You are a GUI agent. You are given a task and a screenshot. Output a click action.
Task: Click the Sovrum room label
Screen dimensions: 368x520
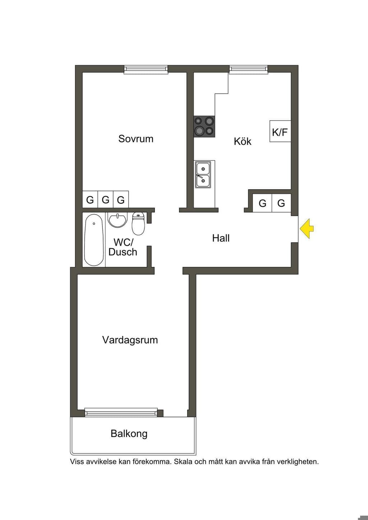tap(136, 139)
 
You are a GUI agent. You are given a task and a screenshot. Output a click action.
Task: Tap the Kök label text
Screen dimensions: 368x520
tap(243, 141)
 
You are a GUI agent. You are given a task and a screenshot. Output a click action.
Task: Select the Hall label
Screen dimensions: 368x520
tap(221, 238)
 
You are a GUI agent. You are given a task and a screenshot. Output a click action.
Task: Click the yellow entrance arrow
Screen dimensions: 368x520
tap(307, 229)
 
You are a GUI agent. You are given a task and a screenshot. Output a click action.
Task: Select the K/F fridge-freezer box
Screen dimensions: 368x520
tap(280, 131)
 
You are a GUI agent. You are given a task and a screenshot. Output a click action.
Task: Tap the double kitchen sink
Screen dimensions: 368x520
tap(203, 174)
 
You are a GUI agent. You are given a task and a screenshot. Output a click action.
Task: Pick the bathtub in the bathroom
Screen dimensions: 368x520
tap(94, 240)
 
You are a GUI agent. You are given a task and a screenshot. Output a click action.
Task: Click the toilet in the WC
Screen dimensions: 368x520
tap(139, 224)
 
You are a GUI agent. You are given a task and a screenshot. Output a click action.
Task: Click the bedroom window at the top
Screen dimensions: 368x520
tap(146, 69)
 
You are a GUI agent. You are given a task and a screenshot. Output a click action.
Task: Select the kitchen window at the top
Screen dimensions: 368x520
tap(249, 69)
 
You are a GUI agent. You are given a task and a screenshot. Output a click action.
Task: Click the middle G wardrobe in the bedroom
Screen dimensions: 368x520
tap(106, 200)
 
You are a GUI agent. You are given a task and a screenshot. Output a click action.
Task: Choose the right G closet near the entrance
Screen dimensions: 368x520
tap(281, 203)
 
